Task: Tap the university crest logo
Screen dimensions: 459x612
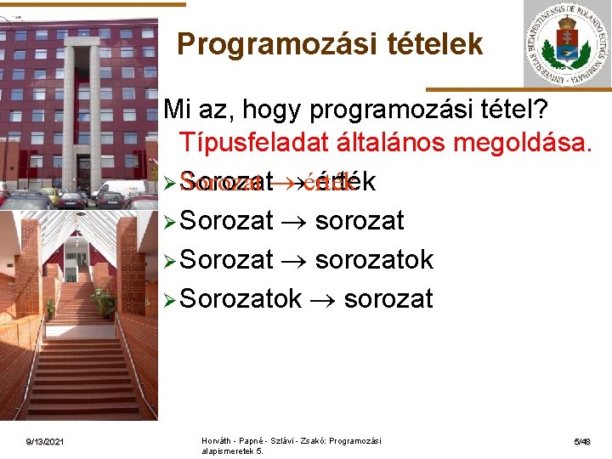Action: (567, 44)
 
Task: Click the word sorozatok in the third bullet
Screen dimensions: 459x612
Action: (374, 259)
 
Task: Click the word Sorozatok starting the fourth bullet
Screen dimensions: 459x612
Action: (241, 298)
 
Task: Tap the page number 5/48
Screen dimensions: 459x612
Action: (582, 441)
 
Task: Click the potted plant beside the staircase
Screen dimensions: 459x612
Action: (105, 302)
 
